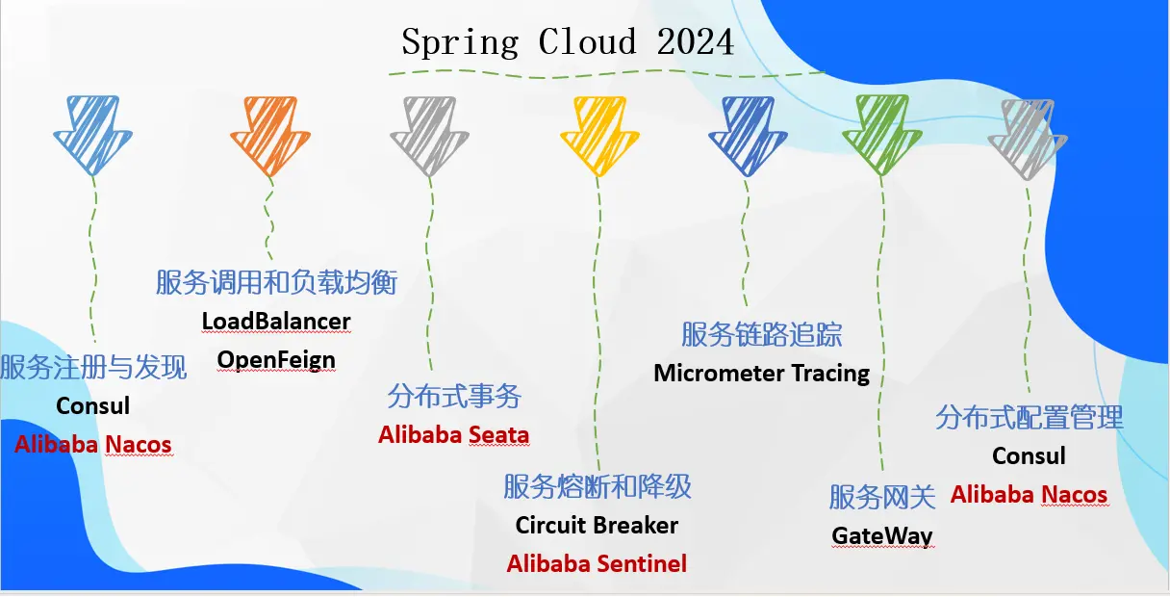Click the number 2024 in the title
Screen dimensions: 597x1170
click(696, 42)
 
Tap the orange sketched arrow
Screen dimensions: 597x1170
click(270, 135)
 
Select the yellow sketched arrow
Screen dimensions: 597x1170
click(599, 135)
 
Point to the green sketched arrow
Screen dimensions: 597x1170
click(881, 135)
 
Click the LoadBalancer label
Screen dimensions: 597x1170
click(276, 321)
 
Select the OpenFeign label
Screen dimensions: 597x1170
click(276, 360)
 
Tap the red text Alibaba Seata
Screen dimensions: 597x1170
click(453, 434)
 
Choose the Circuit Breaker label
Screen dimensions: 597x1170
click(597, 526)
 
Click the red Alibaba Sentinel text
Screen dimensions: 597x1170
click(597, 563)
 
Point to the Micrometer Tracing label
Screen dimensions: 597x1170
click(761, 373)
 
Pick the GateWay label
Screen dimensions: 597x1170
click(882, 535)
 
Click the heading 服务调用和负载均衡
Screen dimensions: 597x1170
click(276, 282)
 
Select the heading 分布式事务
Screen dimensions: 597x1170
click(454, 396)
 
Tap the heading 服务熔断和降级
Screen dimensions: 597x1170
click(597, 486)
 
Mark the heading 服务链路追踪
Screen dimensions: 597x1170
click(761, 334)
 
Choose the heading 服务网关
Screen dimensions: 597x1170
click(882, 497)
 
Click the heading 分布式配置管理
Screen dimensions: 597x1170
click(1030, 418)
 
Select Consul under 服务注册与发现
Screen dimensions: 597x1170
click(92, 405)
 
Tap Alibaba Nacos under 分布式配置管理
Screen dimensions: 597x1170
click(1029, 495)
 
